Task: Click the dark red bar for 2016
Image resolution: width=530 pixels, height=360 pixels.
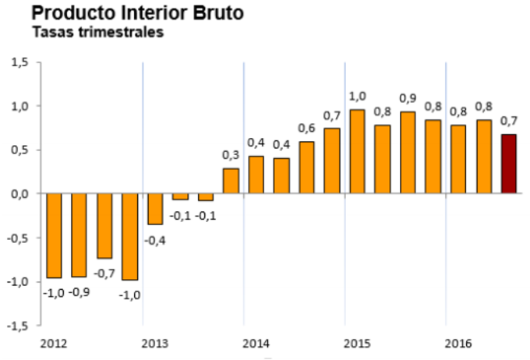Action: click(x=508, y=164)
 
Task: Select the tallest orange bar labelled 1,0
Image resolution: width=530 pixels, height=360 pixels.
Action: click(x=357, y=151)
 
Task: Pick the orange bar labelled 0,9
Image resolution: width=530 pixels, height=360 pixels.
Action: click(x=408, y=152)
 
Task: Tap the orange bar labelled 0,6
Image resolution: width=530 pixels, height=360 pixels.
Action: click(x=306, y=167)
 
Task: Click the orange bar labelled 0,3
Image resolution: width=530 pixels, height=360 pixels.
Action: click(x=231, y=181)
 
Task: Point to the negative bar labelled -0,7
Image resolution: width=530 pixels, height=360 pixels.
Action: click(x=104, y=226)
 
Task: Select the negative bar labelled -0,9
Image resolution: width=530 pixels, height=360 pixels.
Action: click(x=79, y=235)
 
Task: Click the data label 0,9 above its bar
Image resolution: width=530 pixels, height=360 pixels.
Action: click(x=408, y=99)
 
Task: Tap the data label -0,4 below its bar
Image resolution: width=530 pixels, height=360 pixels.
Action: click(x=155, y=239)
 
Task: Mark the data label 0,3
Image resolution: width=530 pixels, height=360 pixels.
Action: click(x=231, y=155)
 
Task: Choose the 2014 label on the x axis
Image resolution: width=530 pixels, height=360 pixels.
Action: click(x=256, y=343)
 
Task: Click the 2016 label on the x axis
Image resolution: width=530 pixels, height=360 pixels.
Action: click(x=458, y=343)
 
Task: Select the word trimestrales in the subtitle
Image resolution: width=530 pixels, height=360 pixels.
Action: click(x=118, y=33)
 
